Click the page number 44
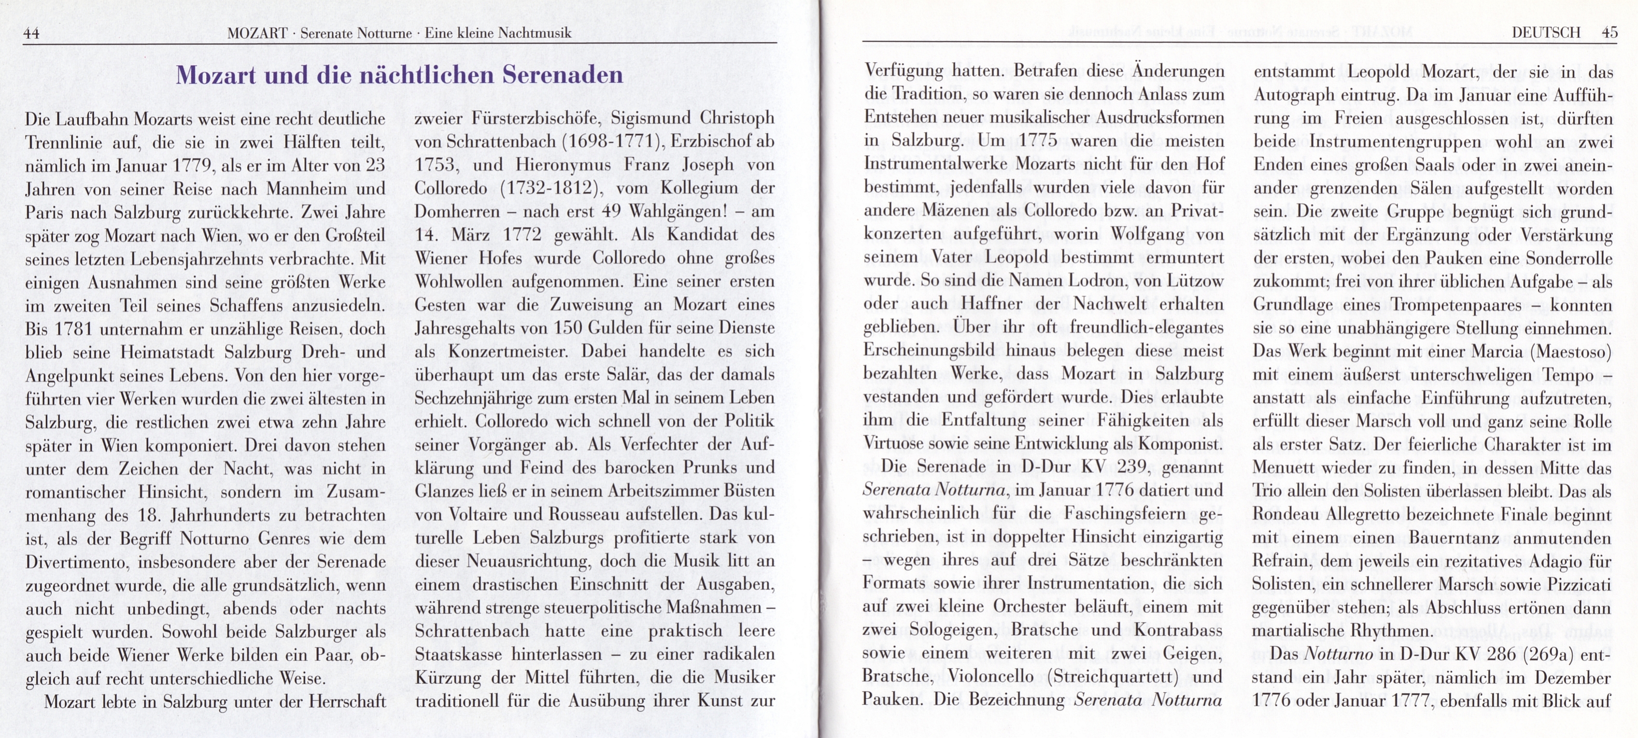31,34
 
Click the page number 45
1609,33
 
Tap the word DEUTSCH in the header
1545,33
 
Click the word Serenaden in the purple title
563,75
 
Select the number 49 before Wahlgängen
611,211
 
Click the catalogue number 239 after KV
1131,467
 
